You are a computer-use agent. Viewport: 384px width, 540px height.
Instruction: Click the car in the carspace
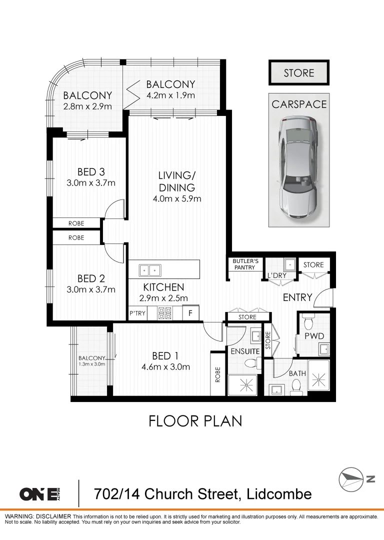pyautogui.click(x=298, y=167)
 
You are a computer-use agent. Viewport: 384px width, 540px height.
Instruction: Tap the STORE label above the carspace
pyautogui.click(x=299, y=73)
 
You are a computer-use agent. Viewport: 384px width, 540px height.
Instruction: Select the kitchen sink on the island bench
pyautogui.click(x=150, y=270)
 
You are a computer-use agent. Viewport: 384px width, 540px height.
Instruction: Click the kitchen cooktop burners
pyautogui.click(x=164, y=313)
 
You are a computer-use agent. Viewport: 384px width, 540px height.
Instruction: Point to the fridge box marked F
pyautogui.click(x=190, y=313)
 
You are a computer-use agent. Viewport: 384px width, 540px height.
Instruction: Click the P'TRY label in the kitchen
pyautogui.click(x=137, y=313)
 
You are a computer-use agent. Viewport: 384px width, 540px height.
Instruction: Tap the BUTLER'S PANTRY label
pyautogui.click(x=245, y=264)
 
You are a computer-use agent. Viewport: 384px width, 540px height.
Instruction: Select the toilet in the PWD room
pyautogui.click(x=308, y=322)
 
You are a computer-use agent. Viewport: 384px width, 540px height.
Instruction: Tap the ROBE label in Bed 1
pyautogui.click(x=217, y=374)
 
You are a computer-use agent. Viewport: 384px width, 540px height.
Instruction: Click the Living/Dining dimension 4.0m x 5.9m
pyautogui.click(x=177, y=198)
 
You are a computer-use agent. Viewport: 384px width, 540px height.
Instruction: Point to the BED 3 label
pyautogui.click(x=91, y=171)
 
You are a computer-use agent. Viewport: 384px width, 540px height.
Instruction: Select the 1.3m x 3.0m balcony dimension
pyautogui.click(x=91, y=363)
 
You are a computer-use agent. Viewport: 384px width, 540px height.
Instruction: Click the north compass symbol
pyautogui.click(x=351, y=479)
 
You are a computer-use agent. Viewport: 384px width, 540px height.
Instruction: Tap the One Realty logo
pyautogui.click(x=40, y=494)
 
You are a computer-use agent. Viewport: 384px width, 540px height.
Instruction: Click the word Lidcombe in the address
pyautogui.click(x=279, y=494)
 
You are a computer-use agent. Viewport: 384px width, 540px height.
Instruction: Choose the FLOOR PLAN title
pyautogui.click(x=195, y=421)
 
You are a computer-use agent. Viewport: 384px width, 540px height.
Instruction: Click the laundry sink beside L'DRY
pyautogui.click(x=290, y=265)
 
